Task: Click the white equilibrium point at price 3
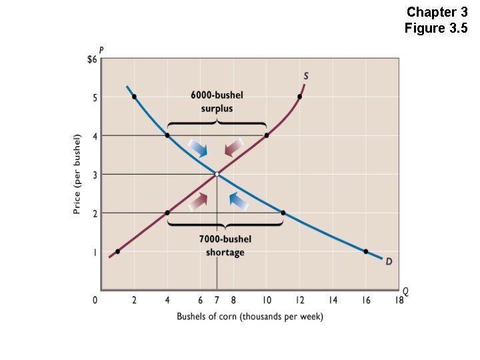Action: pos(217,174)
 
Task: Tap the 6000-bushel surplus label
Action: pos(217,101)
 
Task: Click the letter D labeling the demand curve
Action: pos(389,261)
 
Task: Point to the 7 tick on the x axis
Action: pos(217,301)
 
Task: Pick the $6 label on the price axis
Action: pos(92,59)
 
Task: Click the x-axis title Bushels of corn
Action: pos(249,317)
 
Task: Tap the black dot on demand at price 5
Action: pos(134,97)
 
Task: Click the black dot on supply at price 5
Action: pos(299,97)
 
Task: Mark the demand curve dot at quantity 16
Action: pos(365,251)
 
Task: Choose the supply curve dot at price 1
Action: pos(117,251)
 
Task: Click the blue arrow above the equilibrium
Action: pos(199,148)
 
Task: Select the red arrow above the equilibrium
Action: pos(234,148)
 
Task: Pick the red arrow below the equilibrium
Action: pos(199,199)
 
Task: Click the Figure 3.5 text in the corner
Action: pos(436,28)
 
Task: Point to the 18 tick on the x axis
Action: pos(399,301)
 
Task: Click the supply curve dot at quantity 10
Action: pos(267,135)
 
